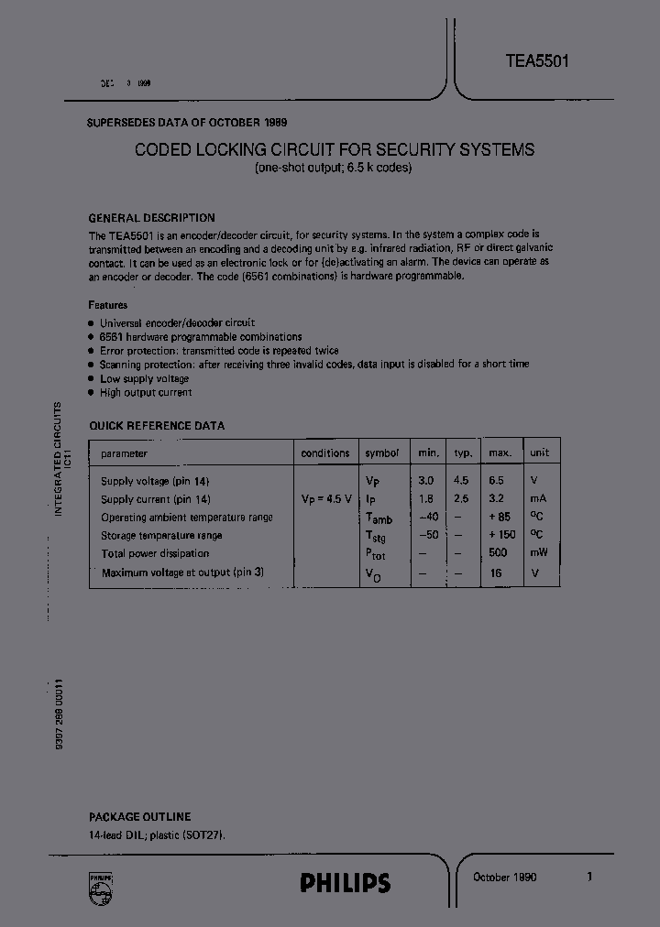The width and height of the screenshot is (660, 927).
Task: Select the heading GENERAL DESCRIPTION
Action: pos(151,218)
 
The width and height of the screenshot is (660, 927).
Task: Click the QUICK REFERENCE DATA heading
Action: pos(156,426)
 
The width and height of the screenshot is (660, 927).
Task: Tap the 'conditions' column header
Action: pos(325,453)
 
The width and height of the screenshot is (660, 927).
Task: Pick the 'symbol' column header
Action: pos(381,453)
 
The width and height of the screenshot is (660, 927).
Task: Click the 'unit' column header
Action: pos(539,453)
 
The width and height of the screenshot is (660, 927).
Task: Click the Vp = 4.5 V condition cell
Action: pos(325,499)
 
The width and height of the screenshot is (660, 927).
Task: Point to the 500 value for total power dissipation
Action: pos(499,553)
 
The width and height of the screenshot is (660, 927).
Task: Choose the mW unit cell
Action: pos(537,553)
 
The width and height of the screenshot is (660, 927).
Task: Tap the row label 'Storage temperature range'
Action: pos(161,535)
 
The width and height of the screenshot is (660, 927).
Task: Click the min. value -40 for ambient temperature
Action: pos(429,517)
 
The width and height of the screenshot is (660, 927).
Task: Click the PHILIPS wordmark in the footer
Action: pos(345,883)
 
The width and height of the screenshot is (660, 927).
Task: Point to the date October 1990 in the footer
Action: pos(504,877)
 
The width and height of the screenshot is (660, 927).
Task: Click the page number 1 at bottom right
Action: pos(589,877)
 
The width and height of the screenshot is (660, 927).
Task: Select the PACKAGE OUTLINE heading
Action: pos(139,816)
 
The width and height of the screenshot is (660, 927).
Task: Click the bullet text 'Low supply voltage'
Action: pos(145,378)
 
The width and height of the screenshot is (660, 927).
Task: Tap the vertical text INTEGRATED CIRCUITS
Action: pos(58,458)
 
